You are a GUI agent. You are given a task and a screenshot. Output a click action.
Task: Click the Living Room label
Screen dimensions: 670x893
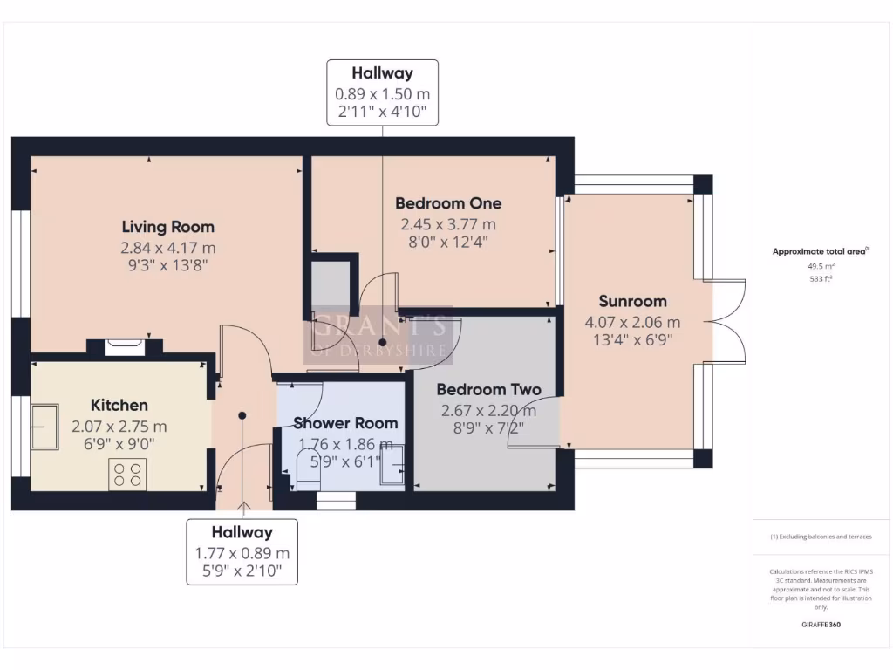(x=167, y=227)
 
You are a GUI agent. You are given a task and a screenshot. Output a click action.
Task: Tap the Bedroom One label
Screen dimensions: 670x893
(x=448, y=203)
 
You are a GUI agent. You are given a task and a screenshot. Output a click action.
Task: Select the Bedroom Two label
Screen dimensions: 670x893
(x=488, y=390)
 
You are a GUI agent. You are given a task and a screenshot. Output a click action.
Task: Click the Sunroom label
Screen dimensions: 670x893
(x=632, y=302)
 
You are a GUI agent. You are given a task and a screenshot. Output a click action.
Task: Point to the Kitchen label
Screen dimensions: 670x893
(x=119, y=405)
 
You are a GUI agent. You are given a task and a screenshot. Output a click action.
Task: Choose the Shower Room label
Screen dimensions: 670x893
(x=345, y=423)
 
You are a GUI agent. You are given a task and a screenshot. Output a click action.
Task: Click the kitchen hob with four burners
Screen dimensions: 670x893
(x=126, y=474)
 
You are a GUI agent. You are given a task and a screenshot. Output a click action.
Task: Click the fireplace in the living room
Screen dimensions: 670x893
(x=123, y=346)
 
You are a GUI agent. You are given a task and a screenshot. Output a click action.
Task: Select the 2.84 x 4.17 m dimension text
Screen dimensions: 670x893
(x=167, y=247)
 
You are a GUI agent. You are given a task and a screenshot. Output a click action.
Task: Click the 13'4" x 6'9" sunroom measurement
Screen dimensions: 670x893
(x=632, y=339)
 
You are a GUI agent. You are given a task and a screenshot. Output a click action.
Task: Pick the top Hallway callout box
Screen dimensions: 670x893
(x=382, y=92)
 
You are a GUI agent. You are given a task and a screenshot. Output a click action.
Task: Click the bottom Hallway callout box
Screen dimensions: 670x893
(x=242, y=551)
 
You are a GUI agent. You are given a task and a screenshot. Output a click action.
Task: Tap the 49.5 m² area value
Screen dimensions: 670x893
(x=820, y=266)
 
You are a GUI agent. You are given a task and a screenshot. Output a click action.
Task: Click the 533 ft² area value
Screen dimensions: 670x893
(x=820, y=279)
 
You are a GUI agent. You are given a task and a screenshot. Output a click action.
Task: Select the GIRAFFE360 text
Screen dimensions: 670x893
(x=820, y=625)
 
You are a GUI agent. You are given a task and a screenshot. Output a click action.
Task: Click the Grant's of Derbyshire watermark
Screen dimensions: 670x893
(x=378, y=335)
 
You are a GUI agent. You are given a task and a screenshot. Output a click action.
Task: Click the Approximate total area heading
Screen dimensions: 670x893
(x=820, y=251)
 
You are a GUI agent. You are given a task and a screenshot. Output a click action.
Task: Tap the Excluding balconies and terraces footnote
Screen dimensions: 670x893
(x=820, y=537)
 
